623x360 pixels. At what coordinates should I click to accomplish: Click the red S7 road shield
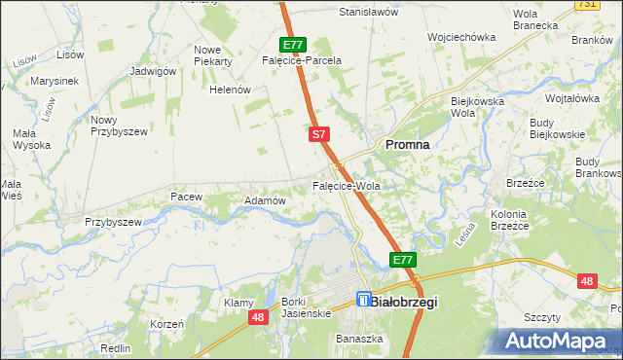(x=318, y=134)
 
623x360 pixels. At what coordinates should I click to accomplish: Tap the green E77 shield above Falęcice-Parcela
(x=294, y=44)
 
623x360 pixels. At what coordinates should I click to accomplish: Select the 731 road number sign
(x=613, y=5)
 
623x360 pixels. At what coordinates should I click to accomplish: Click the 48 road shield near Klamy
(x=258, y=317)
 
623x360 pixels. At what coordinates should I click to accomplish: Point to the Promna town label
(x=408, y=144)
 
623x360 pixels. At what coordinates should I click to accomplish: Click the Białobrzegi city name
(x=405, y=303)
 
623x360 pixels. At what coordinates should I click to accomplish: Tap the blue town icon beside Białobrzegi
(x=364, y=301)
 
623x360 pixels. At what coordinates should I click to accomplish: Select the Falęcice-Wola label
(x=345, y=185)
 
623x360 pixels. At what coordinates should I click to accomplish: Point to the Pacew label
(x=186, y=197)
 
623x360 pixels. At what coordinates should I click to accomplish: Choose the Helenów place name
(x=231, y=90)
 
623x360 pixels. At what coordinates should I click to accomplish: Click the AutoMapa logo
(x=559, y=341)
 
